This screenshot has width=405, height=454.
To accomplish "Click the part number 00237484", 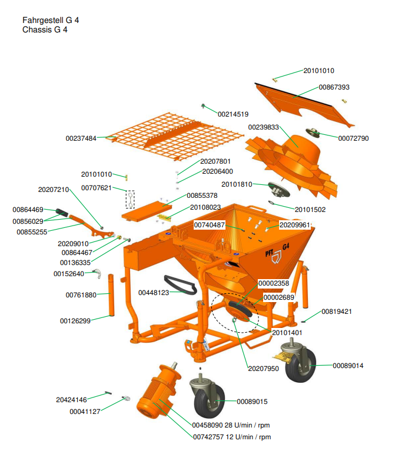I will pos(81,138).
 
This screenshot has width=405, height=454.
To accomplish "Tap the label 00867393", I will pos(334,87).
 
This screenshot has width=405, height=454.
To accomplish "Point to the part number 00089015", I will pos(252,402).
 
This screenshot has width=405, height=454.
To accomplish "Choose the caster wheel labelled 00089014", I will pos(300,364).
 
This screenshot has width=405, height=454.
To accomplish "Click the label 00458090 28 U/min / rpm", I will pos(231,425).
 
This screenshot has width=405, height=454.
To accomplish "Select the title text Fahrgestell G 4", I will pos(51,20).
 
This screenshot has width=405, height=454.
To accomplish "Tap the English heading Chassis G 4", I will pos(45,29).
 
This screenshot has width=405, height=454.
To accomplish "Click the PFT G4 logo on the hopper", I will pos(277,250).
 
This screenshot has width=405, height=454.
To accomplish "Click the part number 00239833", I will pos(263,127).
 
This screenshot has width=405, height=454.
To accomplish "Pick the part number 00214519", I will pos(233,114).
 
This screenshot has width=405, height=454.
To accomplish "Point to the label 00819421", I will pos(336,311).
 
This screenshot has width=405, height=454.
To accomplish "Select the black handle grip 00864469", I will pos(63,213).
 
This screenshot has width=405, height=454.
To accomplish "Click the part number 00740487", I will pos(210,224).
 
